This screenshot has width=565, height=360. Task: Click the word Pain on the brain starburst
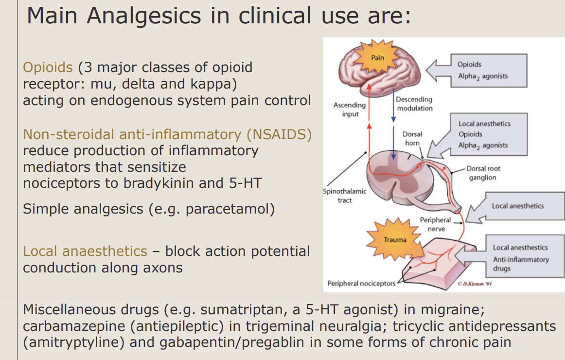[x=377, y=57]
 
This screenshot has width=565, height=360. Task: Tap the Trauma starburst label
[x=395, y=239]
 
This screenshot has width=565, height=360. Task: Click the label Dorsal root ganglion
[x=483, y=173]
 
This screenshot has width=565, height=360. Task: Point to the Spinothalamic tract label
[x=345, y=196]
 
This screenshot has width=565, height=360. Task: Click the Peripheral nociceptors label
[x=361, y=283]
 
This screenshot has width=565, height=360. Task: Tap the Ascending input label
[x=349, y=109]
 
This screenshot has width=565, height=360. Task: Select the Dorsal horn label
[x=412, y=139]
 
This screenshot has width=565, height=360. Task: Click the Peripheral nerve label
[x=435, y=224]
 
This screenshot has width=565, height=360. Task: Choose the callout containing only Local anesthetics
[x=517, y=206]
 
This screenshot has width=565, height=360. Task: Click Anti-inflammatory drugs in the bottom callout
[x=520, y=264]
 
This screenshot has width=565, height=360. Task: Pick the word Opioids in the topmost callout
[x=469, y=64]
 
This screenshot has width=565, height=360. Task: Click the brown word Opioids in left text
[x=48, y=67]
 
